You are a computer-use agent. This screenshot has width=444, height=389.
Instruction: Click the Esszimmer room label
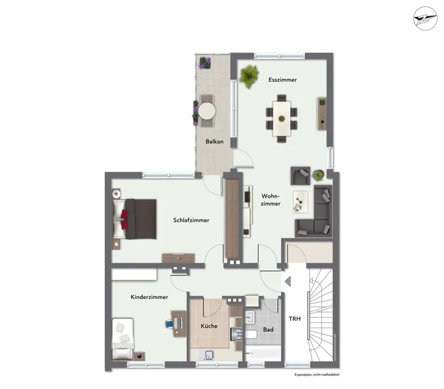pyautogui.click(x=282, y=80)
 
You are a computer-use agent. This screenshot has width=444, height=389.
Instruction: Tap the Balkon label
pyautogui.click(x=215, y=141)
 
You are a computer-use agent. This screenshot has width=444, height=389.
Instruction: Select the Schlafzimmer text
pyautogui.click(x=191, y=220)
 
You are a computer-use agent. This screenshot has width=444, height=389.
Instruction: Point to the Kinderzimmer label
pyautogui.click(x=149, y=297)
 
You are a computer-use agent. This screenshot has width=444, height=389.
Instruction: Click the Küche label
pyautogui.click(x=209, y=326)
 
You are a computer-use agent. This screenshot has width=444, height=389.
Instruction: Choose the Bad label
pyautogui.click(x=268, y=329)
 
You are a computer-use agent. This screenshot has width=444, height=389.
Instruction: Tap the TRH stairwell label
pyautogui.click(x=295, y=319)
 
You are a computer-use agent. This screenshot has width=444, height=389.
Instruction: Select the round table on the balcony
pyautogui.click(x=207, y=111)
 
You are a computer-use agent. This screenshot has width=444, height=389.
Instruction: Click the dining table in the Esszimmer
pyautogui.click(x=282, y=119)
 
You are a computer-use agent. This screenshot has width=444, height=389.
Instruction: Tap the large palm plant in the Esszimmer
pyautogui.click(x=249, y=76)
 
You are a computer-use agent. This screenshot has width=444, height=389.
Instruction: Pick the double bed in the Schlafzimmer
pyautogui.click(x=134, y=219)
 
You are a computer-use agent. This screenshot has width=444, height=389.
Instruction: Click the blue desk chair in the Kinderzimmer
pyautogui.click(x=169, y=324)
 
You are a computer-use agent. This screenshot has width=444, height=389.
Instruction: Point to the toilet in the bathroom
pyautogui.click(x=251, y=335)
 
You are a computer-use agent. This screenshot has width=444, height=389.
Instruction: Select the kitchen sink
pyautogui.click(x=209, y=354)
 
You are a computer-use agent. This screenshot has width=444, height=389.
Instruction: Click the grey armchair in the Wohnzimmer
pyautogui.click(x=300, y=176)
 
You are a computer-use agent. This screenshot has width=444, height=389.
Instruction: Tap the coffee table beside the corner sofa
pyautogui.click(x=301, y=202)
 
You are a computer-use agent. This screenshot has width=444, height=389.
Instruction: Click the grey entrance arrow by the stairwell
pyautogui.click(x=288, y=281)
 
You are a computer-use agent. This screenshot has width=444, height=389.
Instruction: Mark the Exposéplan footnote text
pyautogui.click(x=317, y=375)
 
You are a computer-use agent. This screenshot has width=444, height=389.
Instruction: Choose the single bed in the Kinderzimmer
pyautogui.click(x=123, y=338)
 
